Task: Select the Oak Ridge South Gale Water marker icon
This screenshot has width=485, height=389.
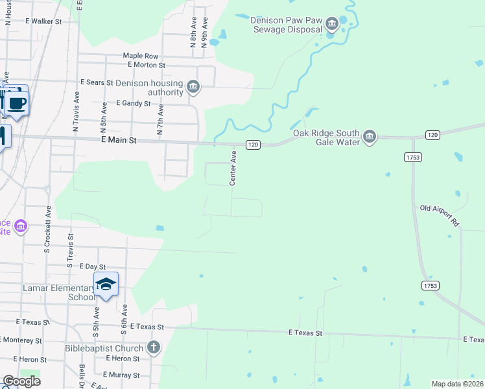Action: point(370,137)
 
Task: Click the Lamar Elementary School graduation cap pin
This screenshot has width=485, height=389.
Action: point(106,284)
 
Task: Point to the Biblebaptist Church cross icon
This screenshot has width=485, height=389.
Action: point(153,348)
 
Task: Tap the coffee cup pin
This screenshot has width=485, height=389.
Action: point(17,103)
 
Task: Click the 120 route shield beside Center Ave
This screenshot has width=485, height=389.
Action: point(253,145)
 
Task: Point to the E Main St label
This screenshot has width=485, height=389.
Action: point(119,139)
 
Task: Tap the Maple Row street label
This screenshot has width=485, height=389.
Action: point(141,56)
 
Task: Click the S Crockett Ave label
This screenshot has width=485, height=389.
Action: point(47,229)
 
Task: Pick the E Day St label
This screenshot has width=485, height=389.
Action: point(92,266)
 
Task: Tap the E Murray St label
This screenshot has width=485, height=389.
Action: point(121,375)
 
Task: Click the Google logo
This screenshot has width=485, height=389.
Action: point(21,381)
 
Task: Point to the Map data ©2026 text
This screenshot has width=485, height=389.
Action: point(457,384)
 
